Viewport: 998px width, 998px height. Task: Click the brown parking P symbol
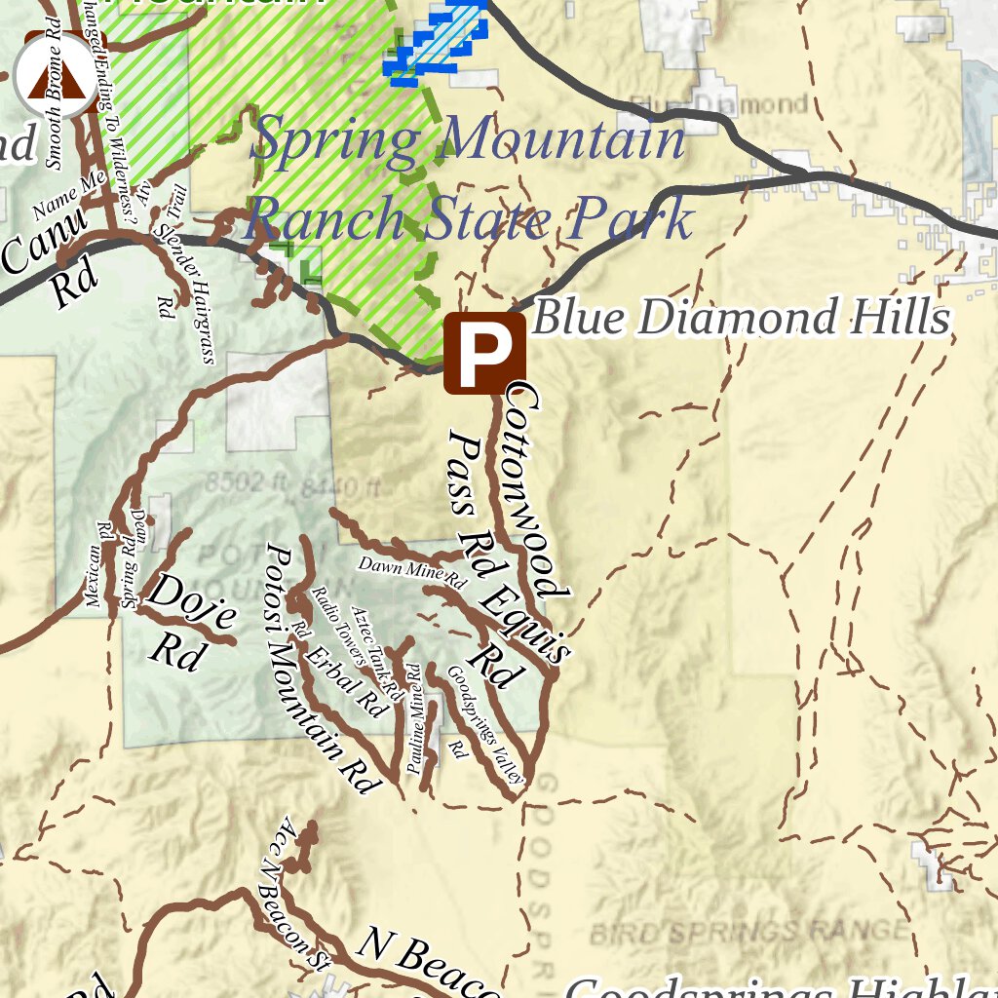(x=484, y=353)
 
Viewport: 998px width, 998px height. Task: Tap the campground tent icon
(x=55, y=76)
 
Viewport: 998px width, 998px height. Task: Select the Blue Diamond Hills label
(x=741, y=318)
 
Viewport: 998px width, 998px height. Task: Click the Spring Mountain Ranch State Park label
(x=468, y=180)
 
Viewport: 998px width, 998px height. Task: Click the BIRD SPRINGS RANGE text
(x=748, y=930)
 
